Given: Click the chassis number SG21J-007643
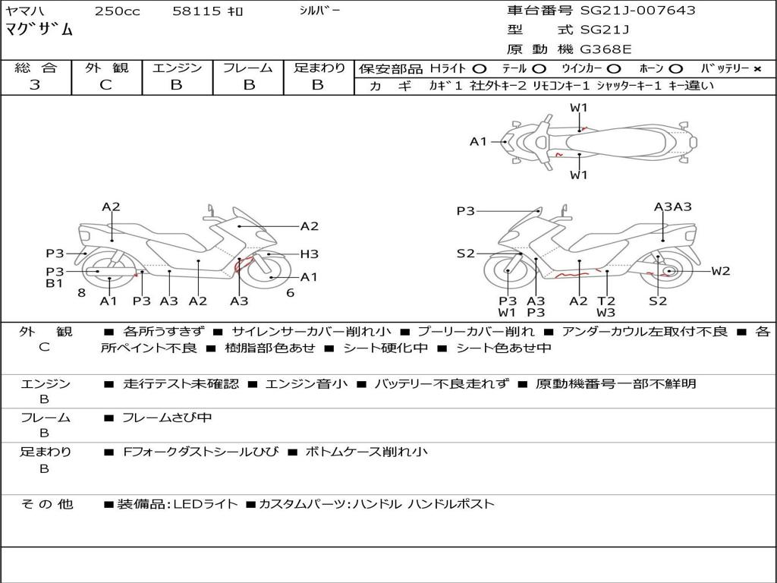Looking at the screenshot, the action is (637, 11).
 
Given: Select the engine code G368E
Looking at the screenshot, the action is (606, 49).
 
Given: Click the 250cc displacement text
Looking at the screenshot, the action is (117, 11).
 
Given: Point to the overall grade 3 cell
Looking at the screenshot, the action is (35, 85).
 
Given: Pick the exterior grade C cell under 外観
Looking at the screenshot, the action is (106, 85).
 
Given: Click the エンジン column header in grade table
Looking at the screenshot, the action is (177, 68).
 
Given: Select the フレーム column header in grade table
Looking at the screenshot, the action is (248, 68).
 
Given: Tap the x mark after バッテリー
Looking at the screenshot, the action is (757, 69).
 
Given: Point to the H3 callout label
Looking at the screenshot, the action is (309, 254).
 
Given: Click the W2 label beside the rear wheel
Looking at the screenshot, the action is (720, 271).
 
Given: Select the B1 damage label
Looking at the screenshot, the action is (54, 284).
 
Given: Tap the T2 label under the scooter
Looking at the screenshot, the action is (606, 301).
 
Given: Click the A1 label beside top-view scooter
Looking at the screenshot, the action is (478, 141).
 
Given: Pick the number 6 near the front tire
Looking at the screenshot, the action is (290, 292).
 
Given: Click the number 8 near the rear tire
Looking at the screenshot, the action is (81, 292).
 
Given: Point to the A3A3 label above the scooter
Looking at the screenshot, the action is (673, 206).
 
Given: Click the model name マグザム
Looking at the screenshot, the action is (39, 30).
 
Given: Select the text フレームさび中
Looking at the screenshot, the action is (167, 418).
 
